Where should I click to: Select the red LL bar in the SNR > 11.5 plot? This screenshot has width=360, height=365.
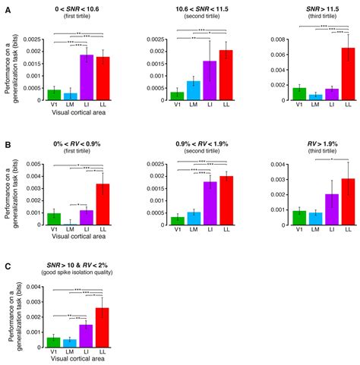pos(348,74)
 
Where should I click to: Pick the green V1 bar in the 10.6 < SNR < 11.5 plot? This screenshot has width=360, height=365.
pos(177,96)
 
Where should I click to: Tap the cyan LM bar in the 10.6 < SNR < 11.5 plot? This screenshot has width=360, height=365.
pos(194,90)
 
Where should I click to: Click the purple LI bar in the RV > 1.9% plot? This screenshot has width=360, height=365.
pos(331,209)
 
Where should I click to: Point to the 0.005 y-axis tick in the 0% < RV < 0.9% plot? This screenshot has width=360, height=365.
pos(33,162)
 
